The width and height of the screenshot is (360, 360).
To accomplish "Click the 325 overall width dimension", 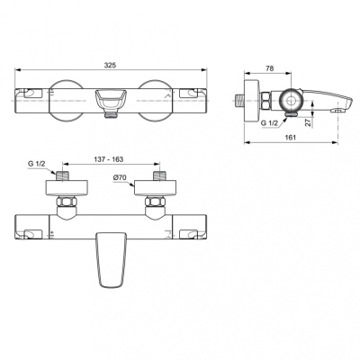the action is click(110, 65).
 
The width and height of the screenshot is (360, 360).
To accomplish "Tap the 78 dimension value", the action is click(270, 68).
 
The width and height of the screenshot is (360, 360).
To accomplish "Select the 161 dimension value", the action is click(291, 138).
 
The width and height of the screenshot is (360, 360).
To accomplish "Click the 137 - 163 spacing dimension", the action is click(111, 159).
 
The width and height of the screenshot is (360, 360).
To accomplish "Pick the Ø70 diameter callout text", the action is click(120, 177).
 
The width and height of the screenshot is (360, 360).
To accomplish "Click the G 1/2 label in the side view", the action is click(269, 122).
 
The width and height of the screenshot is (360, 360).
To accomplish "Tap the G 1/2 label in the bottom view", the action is click(37, 164).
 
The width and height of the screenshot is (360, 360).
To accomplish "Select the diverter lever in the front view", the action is click(111, 100).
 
